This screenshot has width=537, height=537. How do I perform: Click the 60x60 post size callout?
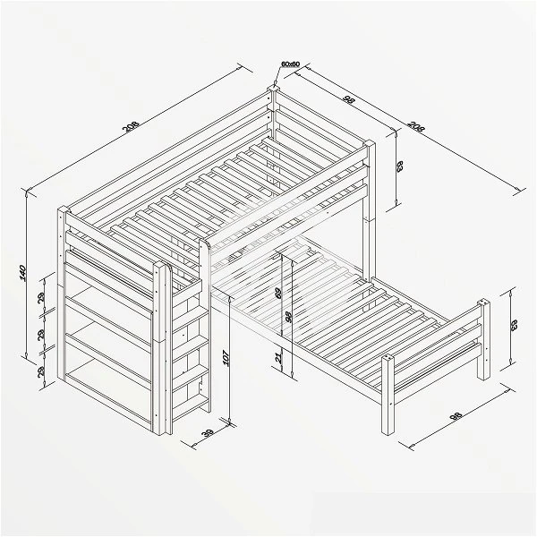click(x=290, y=64)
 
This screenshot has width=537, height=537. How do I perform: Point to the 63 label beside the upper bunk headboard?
click(x=400, y=166)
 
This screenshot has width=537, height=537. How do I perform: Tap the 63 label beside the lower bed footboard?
click(x=515, y=325)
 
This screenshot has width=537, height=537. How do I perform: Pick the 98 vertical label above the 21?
click(x=287, y=318)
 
